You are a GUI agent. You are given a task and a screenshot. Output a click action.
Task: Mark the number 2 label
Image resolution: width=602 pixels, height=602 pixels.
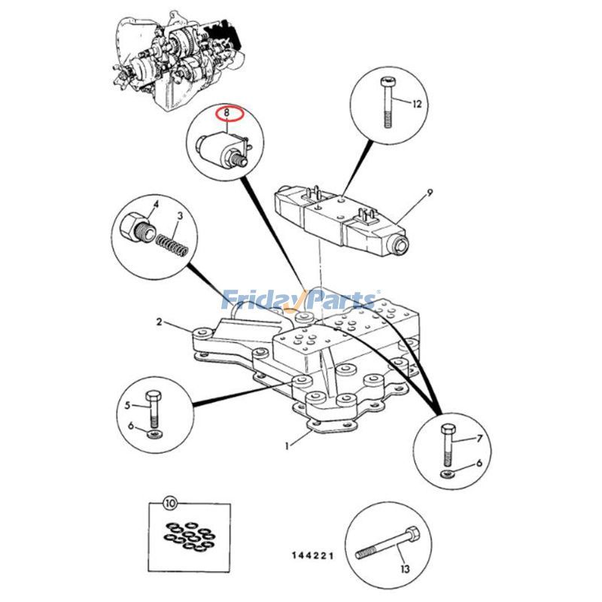tap(159, 322)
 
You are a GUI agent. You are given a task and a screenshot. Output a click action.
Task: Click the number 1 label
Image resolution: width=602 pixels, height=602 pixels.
tap(287, 445)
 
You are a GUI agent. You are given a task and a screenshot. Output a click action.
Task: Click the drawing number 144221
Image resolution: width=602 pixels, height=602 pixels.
tap(312, 556)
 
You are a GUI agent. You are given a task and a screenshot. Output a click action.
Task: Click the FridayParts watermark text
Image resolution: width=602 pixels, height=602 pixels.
tap(301, 301)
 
